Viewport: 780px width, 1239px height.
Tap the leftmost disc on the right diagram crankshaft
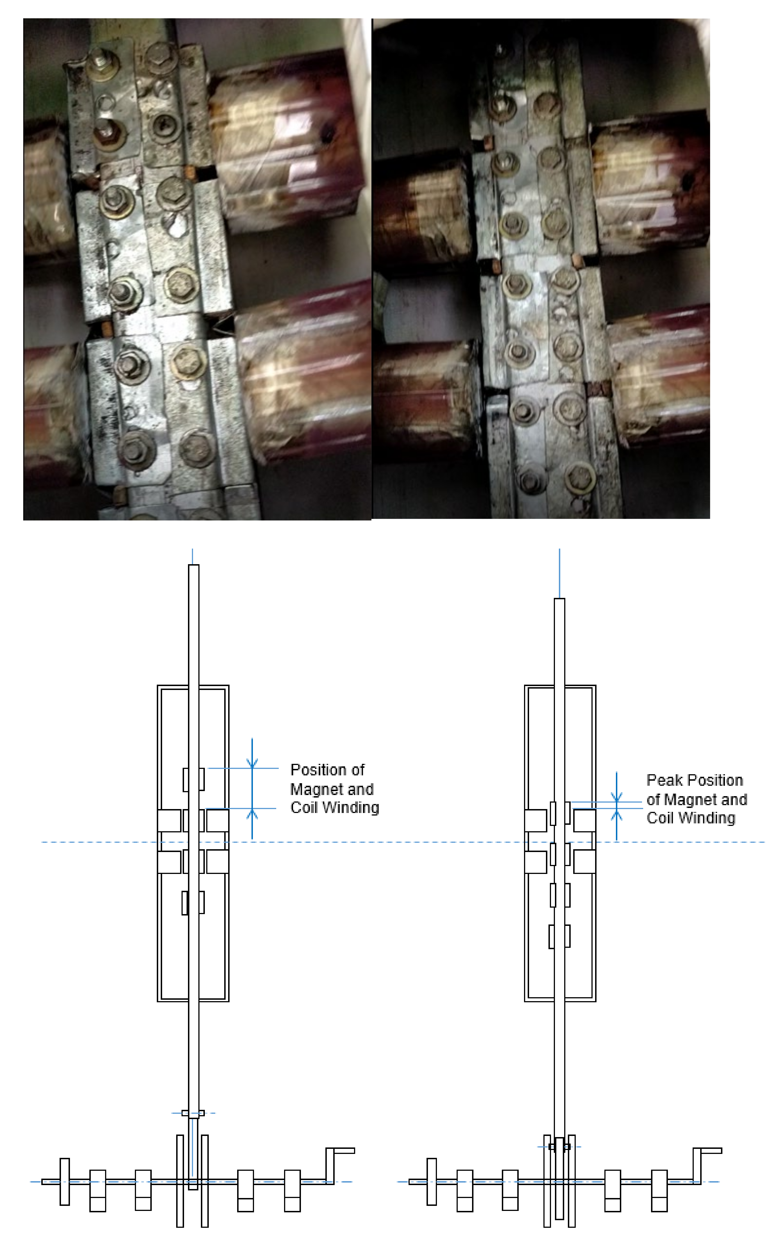coord(432,1182)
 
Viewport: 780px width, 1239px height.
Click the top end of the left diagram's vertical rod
coord(194,566)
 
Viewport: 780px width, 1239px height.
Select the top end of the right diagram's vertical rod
coord(560,599)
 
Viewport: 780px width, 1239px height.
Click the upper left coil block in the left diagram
coord(169,821)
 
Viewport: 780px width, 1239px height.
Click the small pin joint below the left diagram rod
coord(193,1113)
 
